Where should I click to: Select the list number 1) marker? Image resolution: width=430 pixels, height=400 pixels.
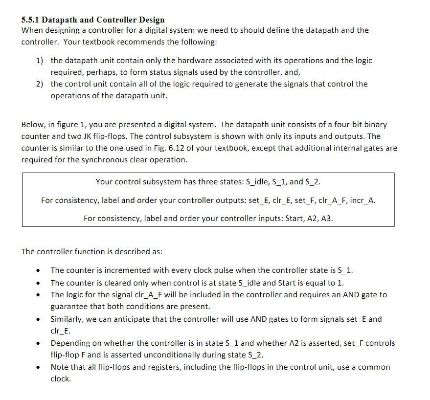click(40, 61)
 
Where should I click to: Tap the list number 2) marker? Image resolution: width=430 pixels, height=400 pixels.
click(40, 84)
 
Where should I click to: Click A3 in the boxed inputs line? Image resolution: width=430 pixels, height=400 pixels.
click(328, 219)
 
